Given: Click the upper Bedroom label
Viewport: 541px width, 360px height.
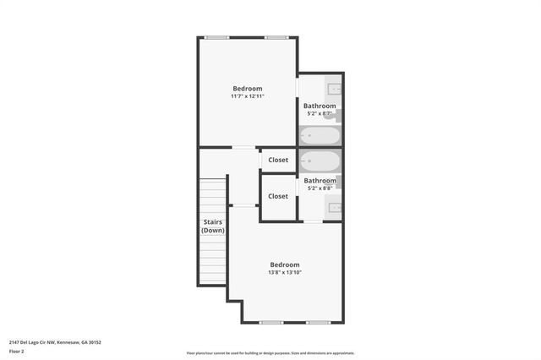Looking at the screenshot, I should pyautogui.click(x=248, y=89).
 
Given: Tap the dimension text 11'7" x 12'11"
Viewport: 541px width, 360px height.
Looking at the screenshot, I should pyautogui.click(x=248, y=96).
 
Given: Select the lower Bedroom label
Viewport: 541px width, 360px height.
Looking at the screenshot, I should pyautogui.click(x=284, y=265).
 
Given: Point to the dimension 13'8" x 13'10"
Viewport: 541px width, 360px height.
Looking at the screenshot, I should pyautogui.click(x=284, y=272).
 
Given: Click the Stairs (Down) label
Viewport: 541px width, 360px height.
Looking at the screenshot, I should pyautogui.click(x=212, y=226).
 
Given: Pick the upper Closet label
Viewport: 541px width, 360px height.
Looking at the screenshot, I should pyautogui.click(x=278, y=160).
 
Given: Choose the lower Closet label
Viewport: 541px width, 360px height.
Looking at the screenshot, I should pyautogui.click(x=278, y=196).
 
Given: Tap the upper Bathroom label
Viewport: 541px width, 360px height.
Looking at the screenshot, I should pyautogui.click(x=320, y=106).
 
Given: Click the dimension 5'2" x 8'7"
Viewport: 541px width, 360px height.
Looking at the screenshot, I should pyautogui.click(x=320, y=113).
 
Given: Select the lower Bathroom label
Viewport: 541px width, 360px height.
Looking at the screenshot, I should pyautogui.click(x=320, y=180).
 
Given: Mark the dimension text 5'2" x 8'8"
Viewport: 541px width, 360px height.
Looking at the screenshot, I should pyautogui.click(x=320, y=188).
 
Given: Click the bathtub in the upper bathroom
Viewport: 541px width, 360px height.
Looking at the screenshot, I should pyautogui.click(x=320, y=135).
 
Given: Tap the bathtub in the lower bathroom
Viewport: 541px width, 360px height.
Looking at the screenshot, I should pyautogui.click(x=320, y=161).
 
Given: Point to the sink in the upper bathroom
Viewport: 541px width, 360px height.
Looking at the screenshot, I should pyautogui.click(x=334, y=88).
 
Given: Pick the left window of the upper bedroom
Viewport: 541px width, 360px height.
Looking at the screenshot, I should pyautogui.click(x=217, y=37).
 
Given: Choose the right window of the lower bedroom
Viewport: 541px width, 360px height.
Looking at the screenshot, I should pyautogui.click(x=319, y=322).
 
